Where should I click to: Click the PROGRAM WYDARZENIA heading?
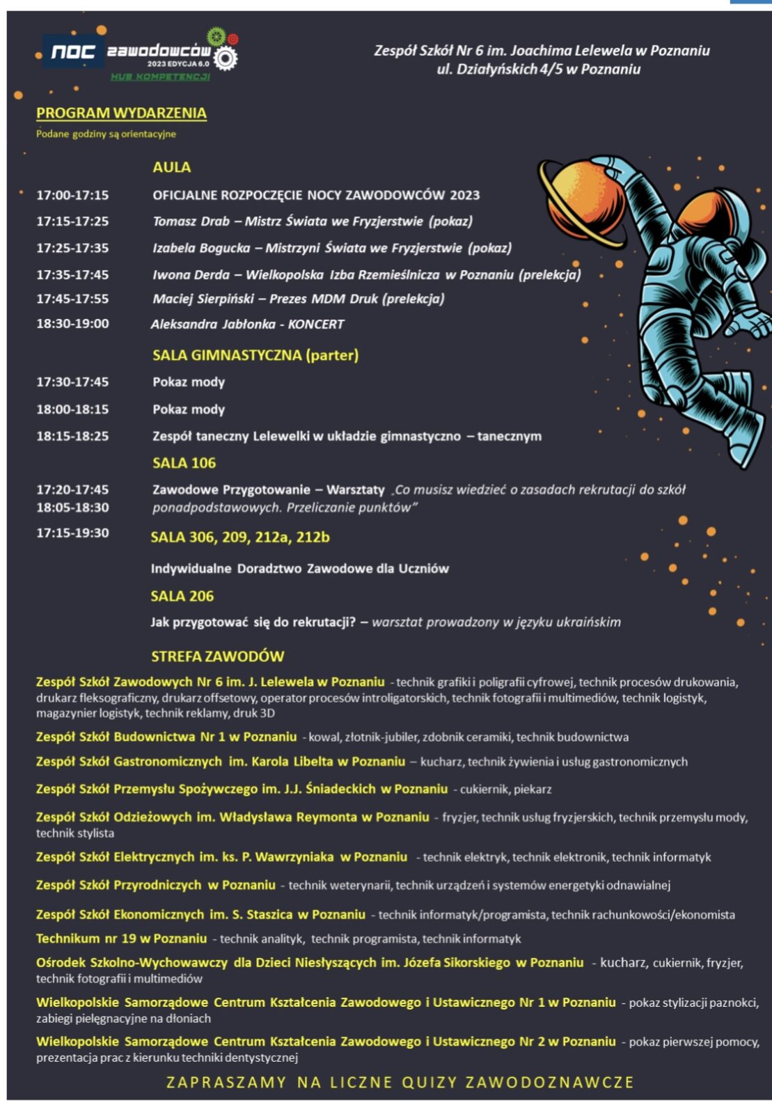point(121,113)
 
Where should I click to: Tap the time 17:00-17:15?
point(72,195)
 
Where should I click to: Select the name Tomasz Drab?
point(191,221)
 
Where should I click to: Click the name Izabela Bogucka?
point(201,248)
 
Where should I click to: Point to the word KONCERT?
point(316,324)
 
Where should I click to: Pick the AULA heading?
point(171,167)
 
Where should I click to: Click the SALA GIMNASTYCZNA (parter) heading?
point(255,355)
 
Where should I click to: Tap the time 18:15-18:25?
point(72,436)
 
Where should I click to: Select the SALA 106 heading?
point(184,463)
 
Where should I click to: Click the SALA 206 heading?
point(182,596)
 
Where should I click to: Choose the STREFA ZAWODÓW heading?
point(217,656)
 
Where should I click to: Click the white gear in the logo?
point(225,58)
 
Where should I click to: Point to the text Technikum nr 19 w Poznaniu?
point(121,939)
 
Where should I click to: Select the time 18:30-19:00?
point(72,324)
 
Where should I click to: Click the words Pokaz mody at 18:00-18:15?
point(189,409)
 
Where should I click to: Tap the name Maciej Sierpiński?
point(203,299)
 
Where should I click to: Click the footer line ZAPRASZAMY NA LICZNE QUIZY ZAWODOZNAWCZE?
point(400,1082)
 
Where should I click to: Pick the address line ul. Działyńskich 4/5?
point(538,69)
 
